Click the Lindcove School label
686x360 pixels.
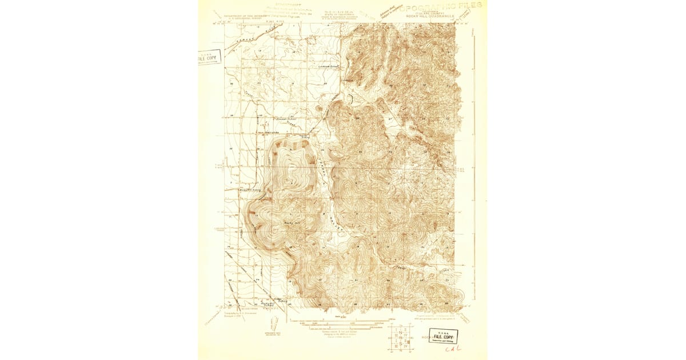tap(329, 67)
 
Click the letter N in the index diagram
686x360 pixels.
tap(400, 333)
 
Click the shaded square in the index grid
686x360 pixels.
tap(400, 340)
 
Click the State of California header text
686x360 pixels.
tap(343, 13)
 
